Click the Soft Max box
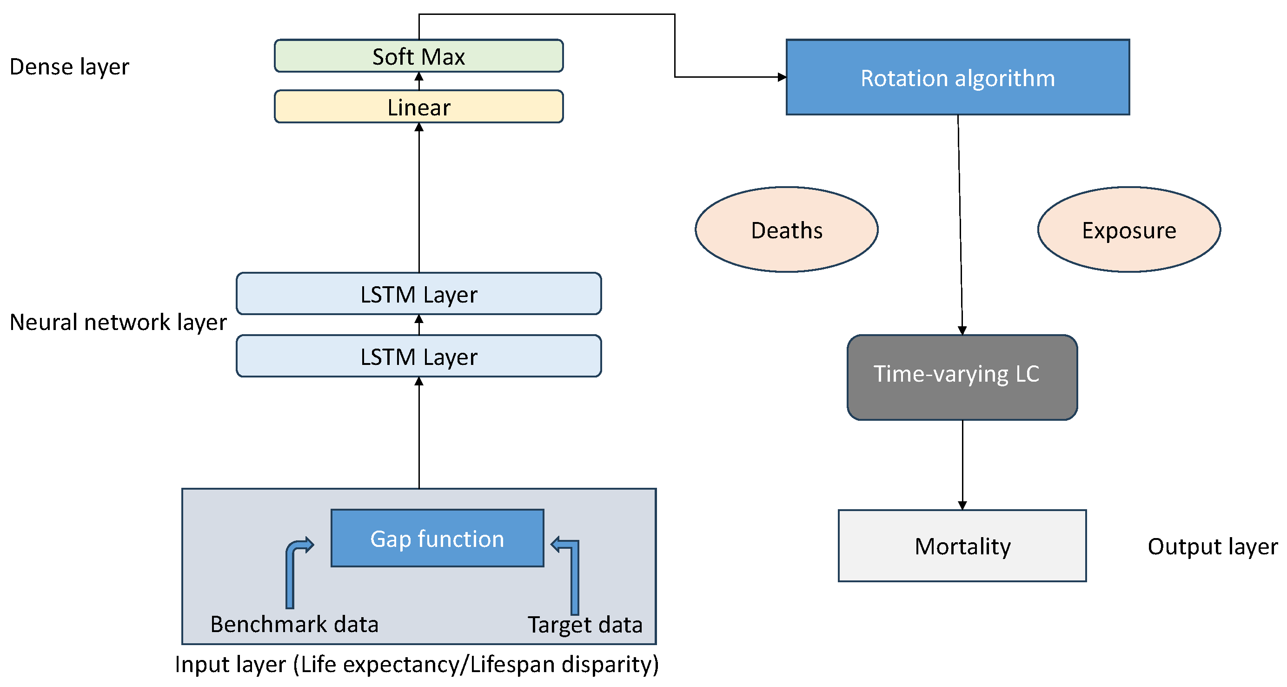coord(418,56)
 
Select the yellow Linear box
coord(418,107)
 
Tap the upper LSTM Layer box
coord(418,294)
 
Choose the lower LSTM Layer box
coord(418,356)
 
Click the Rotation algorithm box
coord(957,78)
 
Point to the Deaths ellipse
coord(786,230)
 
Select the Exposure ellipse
coord(1128,230)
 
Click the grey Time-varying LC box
coord(962,377)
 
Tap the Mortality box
coord(962,546)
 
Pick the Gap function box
coord(437,538)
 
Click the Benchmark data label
coord(294,624)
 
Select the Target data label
coord(584,625)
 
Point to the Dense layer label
coord(69,67)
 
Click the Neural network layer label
coord(118,322)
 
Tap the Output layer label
coord(1212,546)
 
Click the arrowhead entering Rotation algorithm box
coord(782,77)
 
